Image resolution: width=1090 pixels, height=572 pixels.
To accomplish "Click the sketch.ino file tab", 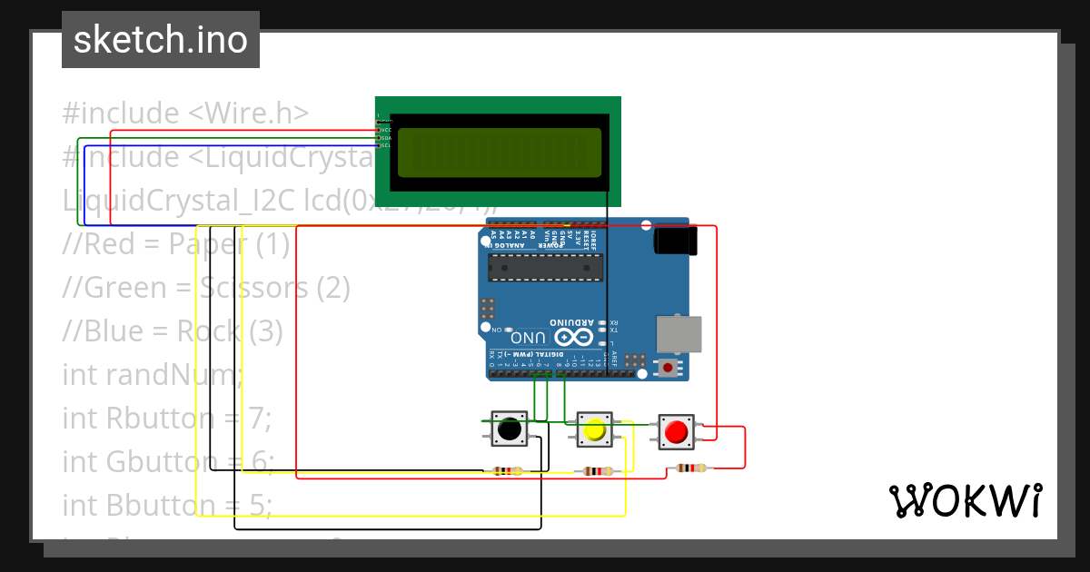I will [160, 40].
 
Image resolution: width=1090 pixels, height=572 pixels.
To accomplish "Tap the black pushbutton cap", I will [510, 429].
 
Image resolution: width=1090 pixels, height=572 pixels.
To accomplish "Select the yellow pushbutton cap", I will [594, 430].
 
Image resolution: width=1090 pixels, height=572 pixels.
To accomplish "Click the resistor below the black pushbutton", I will [506, 470].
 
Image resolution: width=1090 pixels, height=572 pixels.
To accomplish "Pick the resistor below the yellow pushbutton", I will [596, 470].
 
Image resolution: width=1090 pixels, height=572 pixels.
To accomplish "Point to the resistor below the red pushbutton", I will [689, 468].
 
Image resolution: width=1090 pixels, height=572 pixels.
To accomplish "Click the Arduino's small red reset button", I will [669, 368].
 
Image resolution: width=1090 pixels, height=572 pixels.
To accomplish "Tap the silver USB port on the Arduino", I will [679, 334].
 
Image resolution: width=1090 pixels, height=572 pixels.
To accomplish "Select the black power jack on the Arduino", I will [676, 241].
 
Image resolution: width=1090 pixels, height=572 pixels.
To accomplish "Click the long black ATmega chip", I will [545, 268].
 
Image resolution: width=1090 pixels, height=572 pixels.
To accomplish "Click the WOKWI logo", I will [965, 500].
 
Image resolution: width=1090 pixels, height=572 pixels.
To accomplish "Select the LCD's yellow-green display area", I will [500, 152].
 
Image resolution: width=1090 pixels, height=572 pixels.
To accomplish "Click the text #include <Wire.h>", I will [185, 113].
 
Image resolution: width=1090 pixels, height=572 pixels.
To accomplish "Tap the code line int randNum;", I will [153, 374].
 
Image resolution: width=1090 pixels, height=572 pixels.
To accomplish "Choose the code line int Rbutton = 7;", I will [167, 418].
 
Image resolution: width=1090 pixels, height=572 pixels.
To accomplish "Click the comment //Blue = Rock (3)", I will [173, 330].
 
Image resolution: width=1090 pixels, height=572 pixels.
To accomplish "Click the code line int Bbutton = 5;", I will [167, 505].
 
